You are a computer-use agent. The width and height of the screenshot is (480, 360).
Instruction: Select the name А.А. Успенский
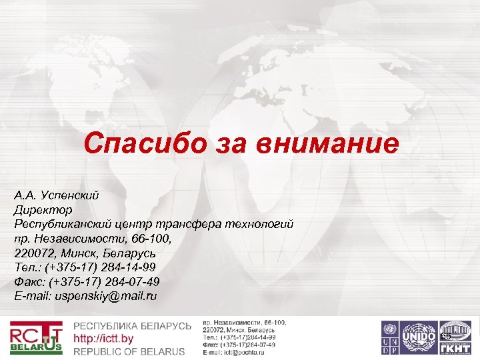(x=57, y=195)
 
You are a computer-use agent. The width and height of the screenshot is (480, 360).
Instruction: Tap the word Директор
(x=39, y=209)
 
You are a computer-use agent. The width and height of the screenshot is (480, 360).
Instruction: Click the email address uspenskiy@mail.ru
(x=106, y=295)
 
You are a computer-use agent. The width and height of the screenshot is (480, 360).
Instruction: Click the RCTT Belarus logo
(x=36, y=338)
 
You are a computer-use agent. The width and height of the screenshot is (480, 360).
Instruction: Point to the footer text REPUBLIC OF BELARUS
(x=129, y=351)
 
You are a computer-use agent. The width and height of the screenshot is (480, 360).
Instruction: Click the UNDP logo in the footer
(x=389, y=337)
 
